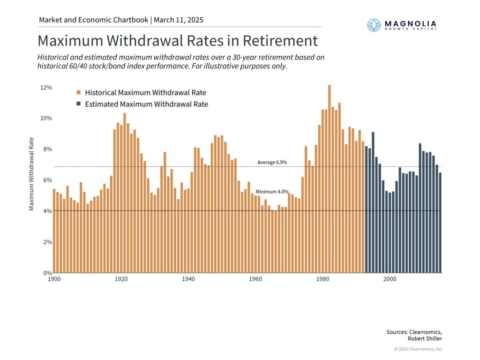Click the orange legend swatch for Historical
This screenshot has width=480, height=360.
pos(79,92)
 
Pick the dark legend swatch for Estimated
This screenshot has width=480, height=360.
pos(79,104)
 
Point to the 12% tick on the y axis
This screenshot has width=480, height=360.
pos(45,88)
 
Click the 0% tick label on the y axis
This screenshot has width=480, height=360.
pos(46,273)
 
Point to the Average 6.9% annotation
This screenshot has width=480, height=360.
pos(272,162)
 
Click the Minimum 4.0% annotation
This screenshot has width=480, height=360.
pos(269,192)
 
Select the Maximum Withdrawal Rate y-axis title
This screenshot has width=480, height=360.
pos(31,173)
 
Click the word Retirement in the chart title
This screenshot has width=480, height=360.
pos(280,41)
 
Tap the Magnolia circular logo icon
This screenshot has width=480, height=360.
pos(374,25)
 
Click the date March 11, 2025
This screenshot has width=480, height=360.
pos(178,20)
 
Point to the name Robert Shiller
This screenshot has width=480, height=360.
pos(425,338)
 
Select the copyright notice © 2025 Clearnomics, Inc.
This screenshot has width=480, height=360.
pos(418,349)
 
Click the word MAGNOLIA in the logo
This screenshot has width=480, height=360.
pos(410,23)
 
